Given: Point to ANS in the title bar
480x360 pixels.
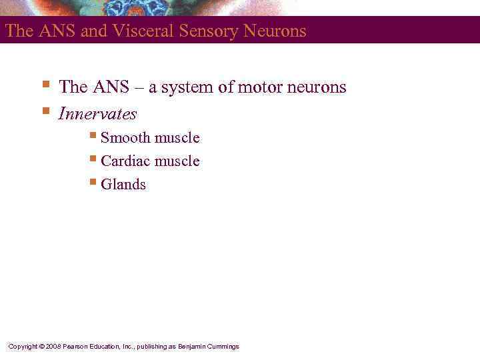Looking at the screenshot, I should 55,31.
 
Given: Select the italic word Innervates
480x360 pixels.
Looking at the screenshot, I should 97,114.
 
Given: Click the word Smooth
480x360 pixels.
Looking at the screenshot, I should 125,138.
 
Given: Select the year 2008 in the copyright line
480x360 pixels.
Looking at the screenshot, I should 53,347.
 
